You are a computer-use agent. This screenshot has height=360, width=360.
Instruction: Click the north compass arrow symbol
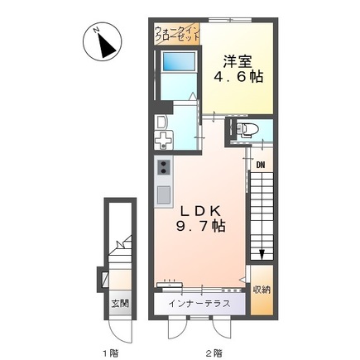pos(103,42)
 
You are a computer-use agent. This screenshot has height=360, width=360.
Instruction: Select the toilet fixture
pos(249,129)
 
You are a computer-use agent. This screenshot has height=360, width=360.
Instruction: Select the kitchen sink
pos(162,196)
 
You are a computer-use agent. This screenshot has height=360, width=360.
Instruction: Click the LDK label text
pos(201,210)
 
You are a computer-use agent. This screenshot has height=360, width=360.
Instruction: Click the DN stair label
pos(260,164)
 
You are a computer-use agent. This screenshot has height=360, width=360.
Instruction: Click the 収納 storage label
pos(262,290)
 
